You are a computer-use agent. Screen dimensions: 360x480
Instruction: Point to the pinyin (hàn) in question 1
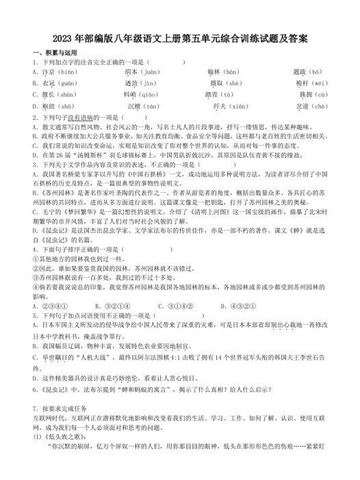[x=231, y=71]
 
